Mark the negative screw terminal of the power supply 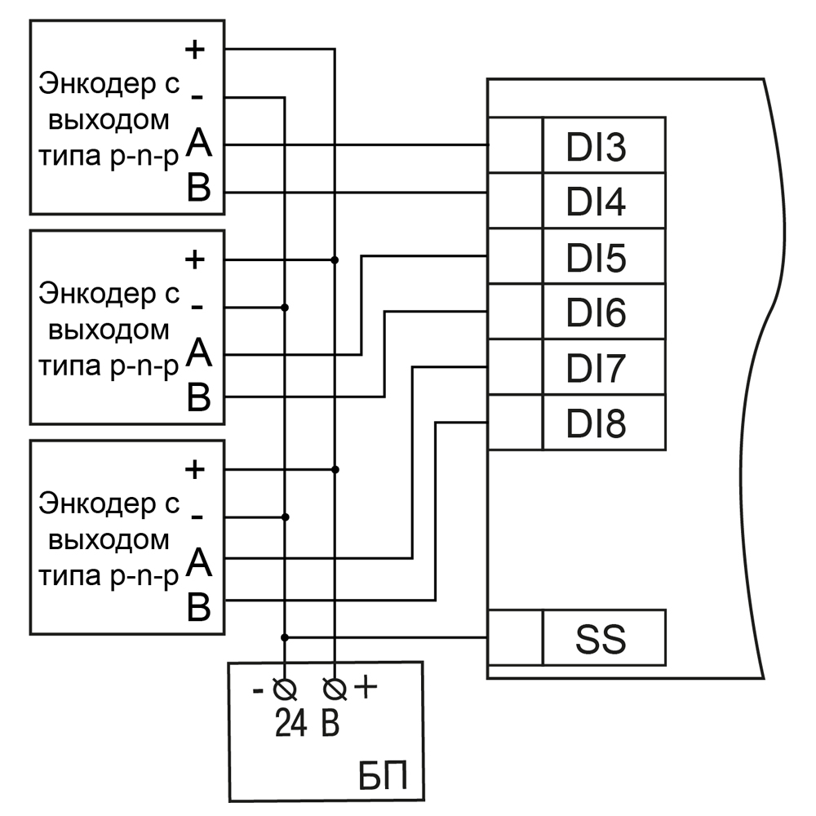285,690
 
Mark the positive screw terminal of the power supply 334,690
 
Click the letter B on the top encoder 199,190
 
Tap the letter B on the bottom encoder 199,606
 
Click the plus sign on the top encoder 195,49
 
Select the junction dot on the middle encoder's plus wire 335,260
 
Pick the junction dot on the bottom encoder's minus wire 285,517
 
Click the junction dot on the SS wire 285,636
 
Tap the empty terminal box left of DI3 515,145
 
